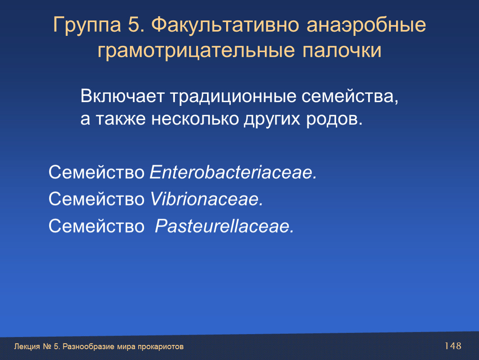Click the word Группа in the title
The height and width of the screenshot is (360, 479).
point(87,25)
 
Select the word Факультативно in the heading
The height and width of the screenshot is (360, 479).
point(225,25)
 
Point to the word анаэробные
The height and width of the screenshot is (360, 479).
point(366,25)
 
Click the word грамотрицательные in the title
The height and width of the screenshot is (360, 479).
point(196,51)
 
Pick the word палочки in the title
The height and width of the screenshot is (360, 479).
point(342,50)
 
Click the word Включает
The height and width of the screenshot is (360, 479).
point(122,96)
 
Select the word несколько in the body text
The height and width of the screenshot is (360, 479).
point(195,119)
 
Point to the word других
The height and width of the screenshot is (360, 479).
point(272,120)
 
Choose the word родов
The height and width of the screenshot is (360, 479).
point(334,119)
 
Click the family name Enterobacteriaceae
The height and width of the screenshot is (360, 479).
point(233,172)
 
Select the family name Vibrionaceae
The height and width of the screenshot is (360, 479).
point(207,199)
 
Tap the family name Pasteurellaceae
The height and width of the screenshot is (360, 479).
point(224,226)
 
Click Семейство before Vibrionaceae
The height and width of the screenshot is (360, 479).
point(97,199)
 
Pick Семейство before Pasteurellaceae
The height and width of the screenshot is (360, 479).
point(97,226)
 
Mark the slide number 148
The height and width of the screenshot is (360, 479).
point(453,346)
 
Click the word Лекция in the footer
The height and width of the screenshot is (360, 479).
point(27,347)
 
